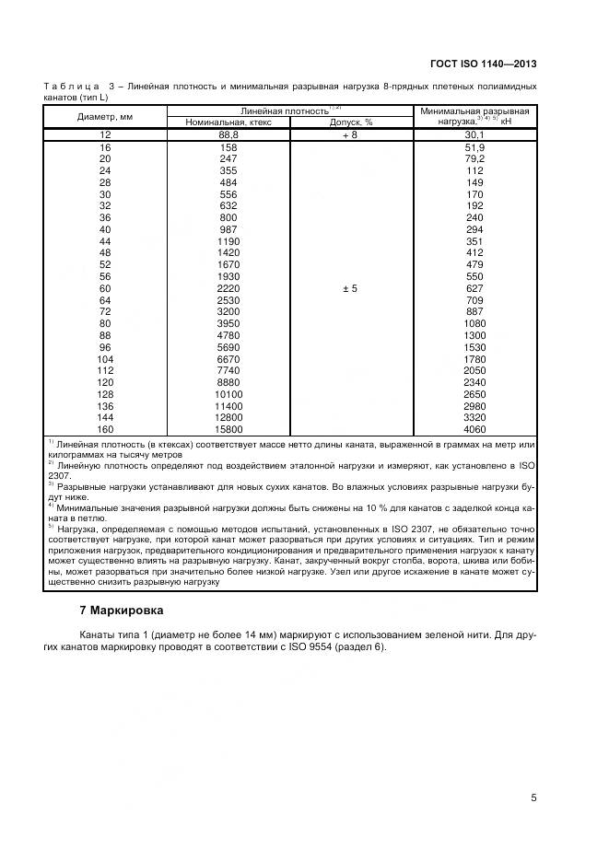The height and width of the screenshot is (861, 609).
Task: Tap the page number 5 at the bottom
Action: point(533,797)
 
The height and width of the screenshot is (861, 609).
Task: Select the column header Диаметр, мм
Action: point(104,116)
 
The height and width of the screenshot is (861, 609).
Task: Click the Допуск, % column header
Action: point(352,122)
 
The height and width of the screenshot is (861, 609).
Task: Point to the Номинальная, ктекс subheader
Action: point(228,122)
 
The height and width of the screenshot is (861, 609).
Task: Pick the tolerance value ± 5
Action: point(350,288)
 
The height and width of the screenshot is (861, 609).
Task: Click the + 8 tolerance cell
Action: point(350,134)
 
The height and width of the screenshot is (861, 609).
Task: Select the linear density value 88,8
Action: point(228,134)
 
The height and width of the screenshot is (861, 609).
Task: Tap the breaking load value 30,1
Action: point(474,134)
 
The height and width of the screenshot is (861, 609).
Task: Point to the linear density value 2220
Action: point(228,288)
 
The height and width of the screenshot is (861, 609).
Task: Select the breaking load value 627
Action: point(474,288)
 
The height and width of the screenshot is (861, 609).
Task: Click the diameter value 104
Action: point(104,358)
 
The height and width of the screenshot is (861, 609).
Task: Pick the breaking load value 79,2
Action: point(474,158)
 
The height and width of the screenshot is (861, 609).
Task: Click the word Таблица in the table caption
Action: point(69,86)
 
